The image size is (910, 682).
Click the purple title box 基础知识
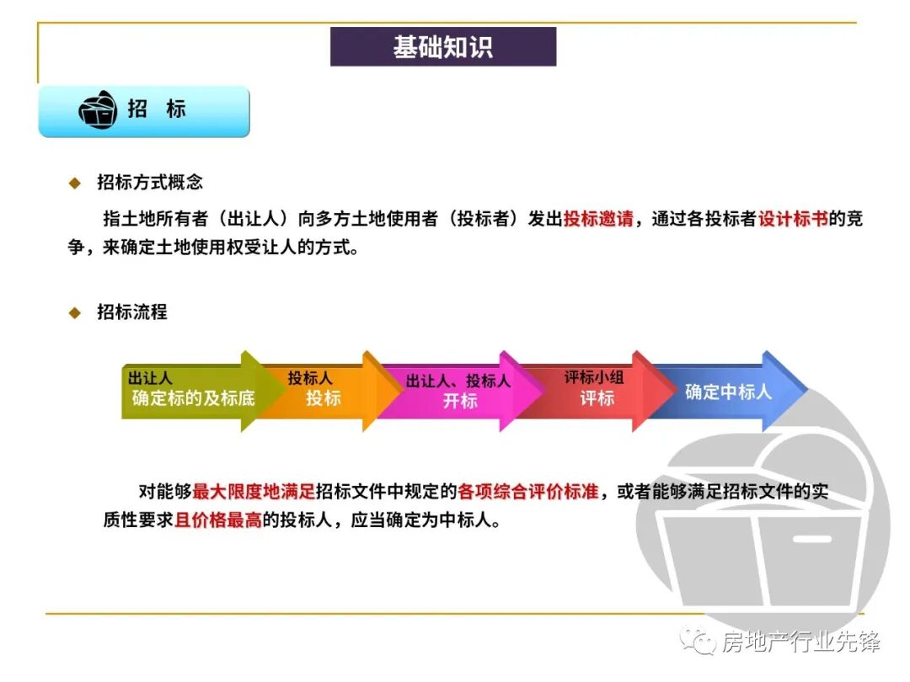click(x=442, y=46)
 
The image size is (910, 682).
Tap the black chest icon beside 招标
click(x=98, y=110)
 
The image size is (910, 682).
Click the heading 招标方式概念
click(x=150, y=182)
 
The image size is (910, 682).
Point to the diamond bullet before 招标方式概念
click(x=75, y=183)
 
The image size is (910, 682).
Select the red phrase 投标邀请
click(x=598, y=220)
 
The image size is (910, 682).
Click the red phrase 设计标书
click(x=793, y=220)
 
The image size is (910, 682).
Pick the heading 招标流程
click(x=132, y=312)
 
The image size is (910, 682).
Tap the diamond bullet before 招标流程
click(x=75, y=313)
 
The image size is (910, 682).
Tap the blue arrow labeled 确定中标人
click(x=728, y=392)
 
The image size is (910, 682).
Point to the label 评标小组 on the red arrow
click(x=594, y=378)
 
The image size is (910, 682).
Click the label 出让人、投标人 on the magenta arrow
click(x=458, y=381)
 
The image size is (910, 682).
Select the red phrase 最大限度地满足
click(x=254, y=492)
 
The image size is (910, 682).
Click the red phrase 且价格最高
click(x=218, y=520)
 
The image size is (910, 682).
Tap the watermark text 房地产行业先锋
click(x=800, y=642)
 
